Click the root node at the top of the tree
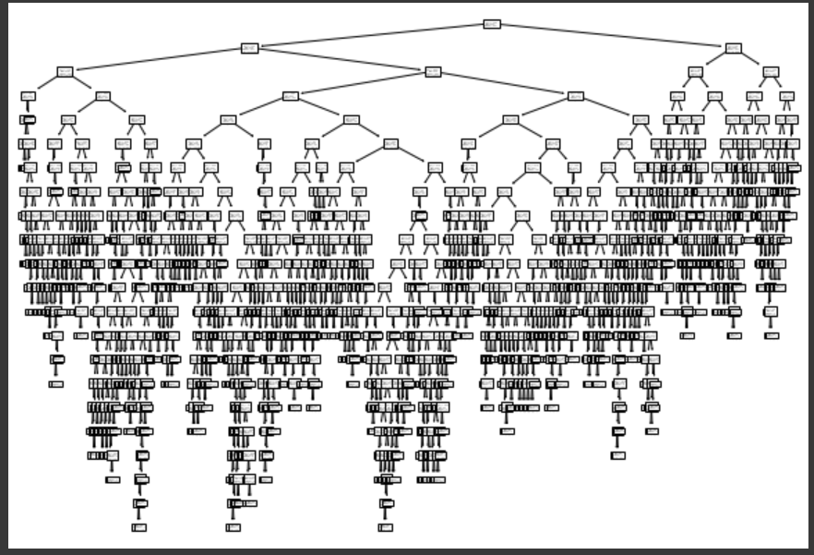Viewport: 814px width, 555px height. pos(492,24)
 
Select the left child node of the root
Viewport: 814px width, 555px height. pos(249,48)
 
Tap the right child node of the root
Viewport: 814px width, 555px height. pos(733,48)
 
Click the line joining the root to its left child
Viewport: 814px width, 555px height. pos(370,36)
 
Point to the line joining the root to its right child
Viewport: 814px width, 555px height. pos(613,36)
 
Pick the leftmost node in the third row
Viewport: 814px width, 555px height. pos(65,72)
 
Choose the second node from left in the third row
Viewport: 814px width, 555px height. pos(433,72)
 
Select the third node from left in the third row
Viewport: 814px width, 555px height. pos(695,72)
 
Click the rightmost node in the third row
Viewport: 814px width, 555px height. pos(771,72)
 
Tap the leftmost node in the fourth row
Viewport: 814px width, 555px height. pos(29,96)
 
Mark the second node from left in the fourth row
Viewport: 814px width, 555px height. pos(102,96)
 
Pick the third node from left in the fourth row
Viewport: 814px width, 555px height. pos(291,96)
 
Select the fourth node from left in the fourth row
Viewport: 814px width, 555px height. pos(575,96)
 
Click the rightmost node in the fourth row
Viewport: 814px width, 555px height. pos(786,96)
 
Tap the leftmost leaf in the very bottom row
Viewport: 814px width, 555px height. pos(138,527)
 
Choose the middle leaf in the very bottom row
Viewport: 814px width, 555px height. pos(233,527)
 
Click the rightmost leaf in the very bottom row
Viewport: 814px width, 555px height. pos(385,527)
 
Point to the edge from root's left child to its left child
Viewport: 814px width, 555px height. pos(157,60)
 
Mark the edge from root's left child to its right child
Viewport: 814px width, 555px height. pos(341,60)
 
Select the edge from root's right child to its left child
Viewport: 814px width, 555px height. pos(713,60)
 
